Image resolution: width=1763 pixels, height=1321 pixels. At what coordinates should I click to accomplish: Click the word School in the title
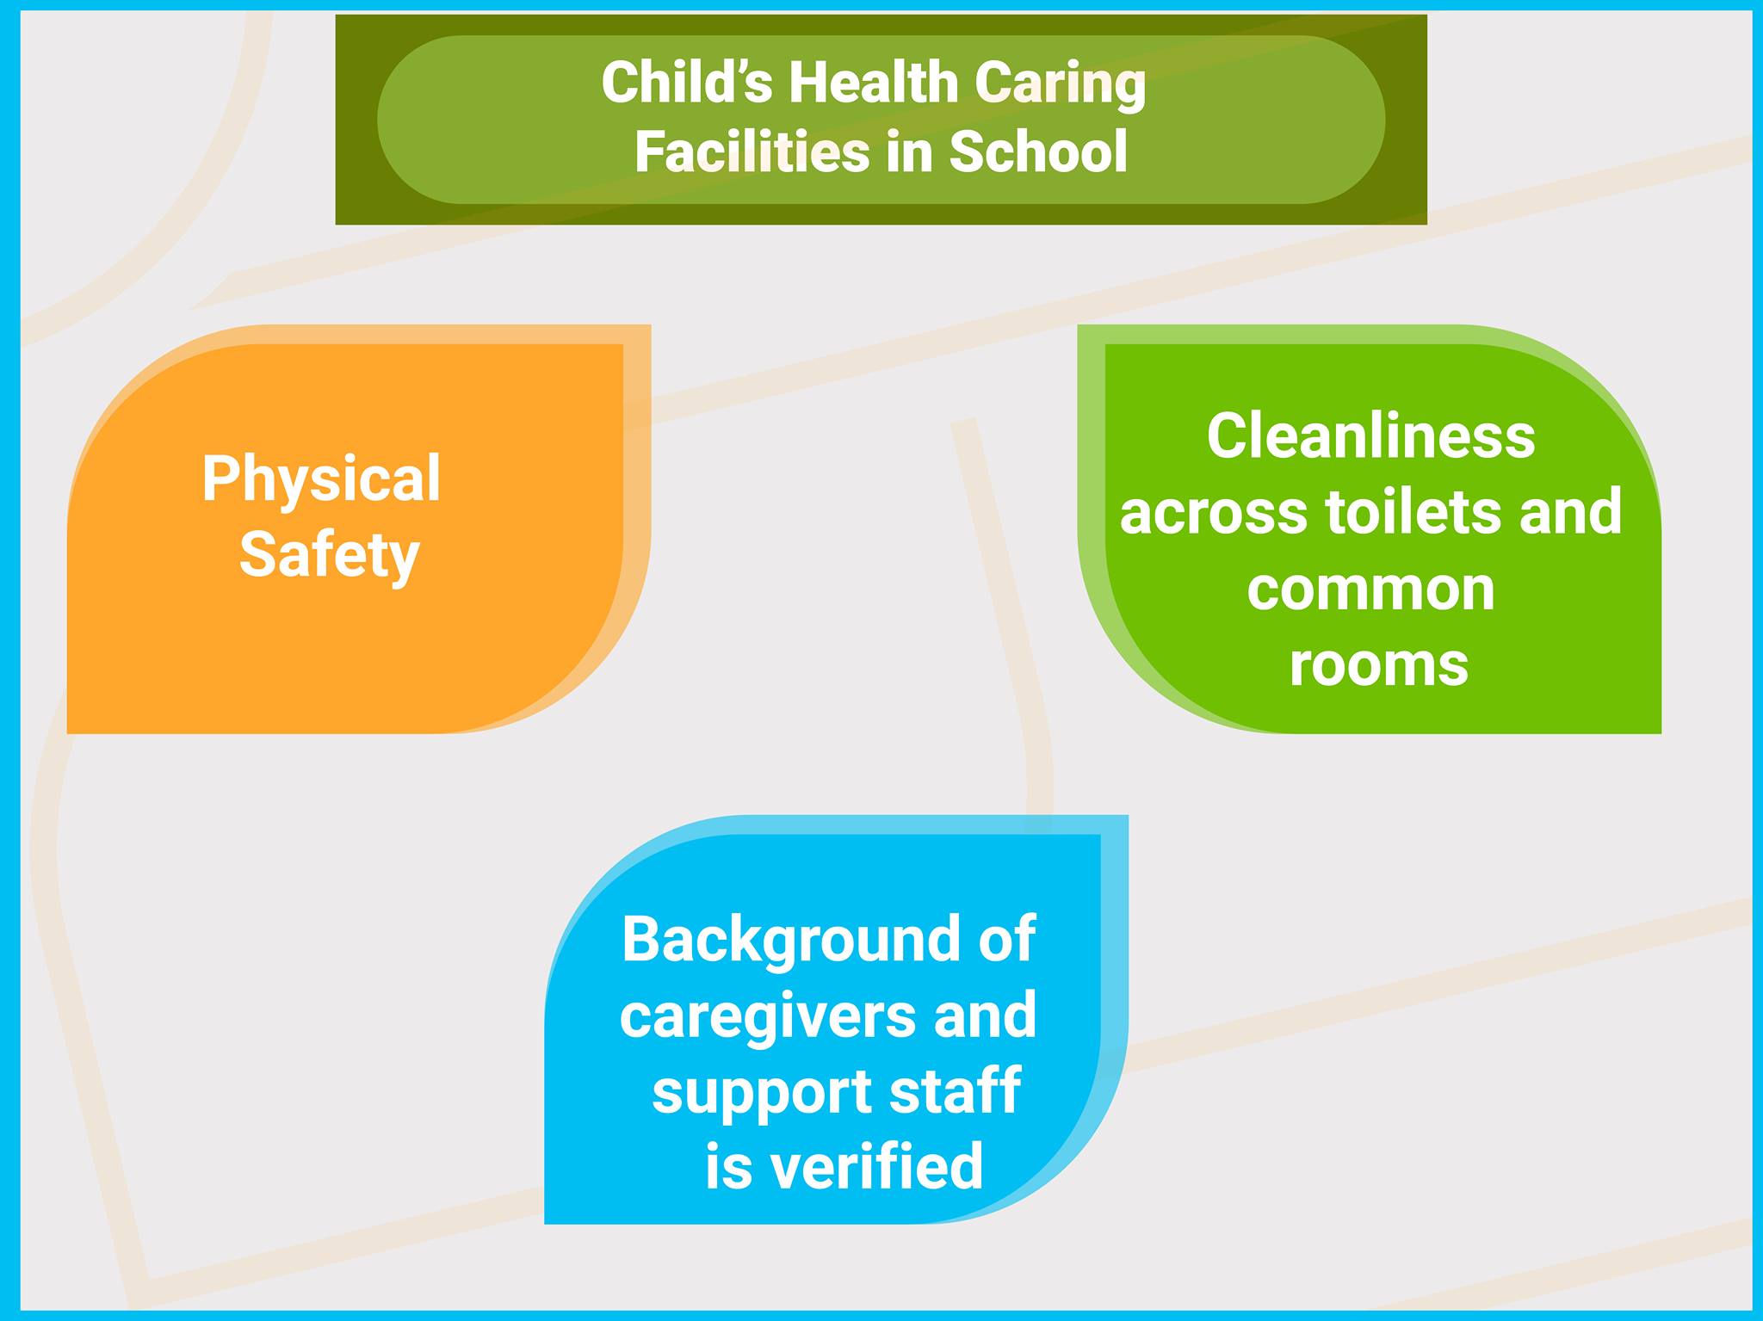(x=1038, y=152)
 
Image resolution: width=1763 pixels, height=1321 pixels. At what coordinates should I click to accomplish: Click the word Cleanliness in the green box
(x=1370, y=437)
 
